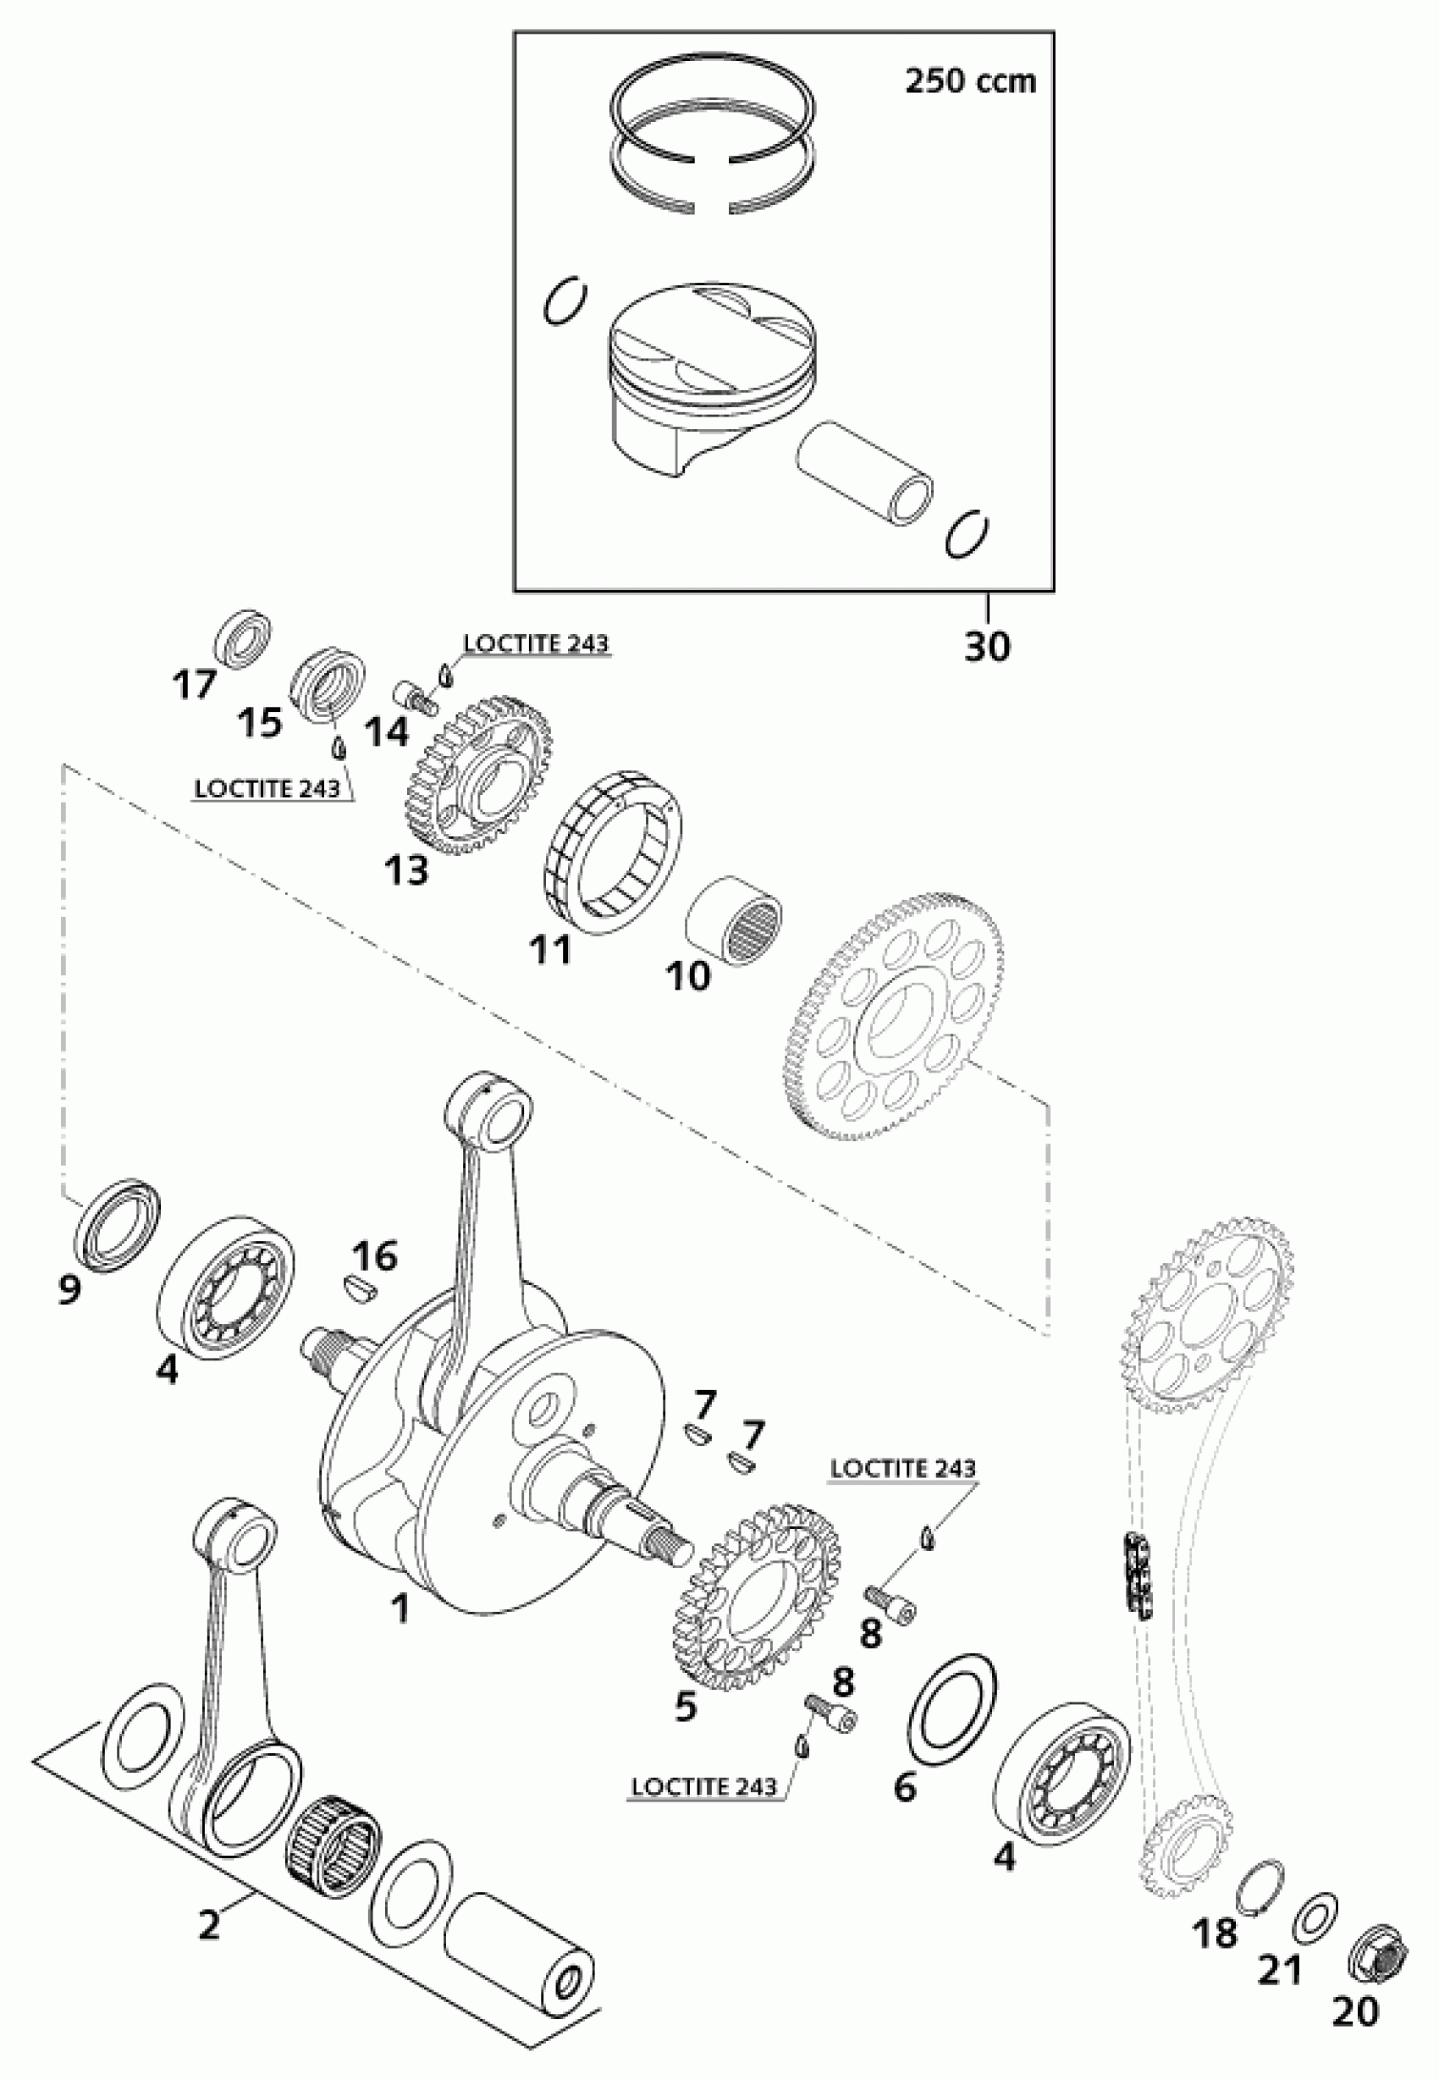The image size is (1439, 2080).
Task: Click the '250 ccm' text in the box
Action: [x=970, y=82]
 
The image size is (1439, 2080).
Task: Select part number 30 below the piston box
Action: [x=986, y=647]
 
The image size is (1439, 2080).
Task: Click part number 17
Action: [x=194, y=685]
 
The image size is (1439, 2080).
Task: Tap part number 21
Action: [x=1282, y=1967]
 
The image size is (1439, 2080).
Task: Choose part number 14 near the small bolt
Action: [x=387, y=731]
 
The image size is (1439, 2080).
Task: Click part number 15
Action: [x=261, y=722]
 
